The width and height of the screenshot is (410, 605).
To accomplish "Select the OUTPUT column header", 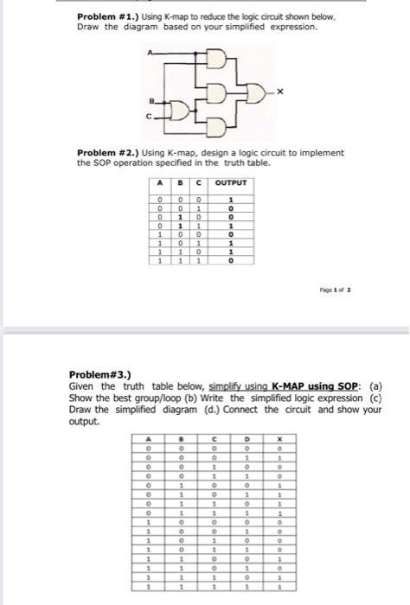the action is [230, 183].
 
